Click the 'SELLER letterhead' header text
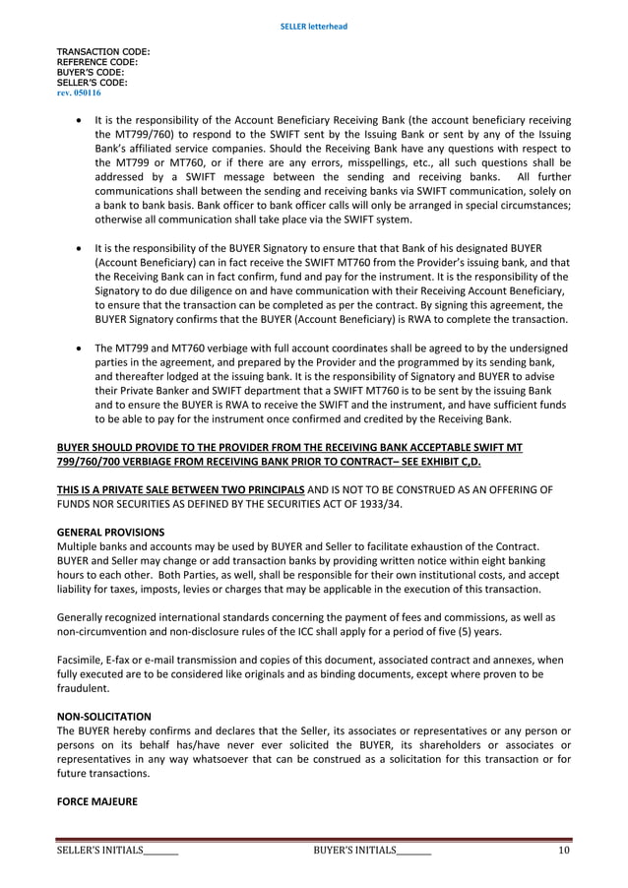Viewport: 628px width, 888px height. (314, 26)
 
